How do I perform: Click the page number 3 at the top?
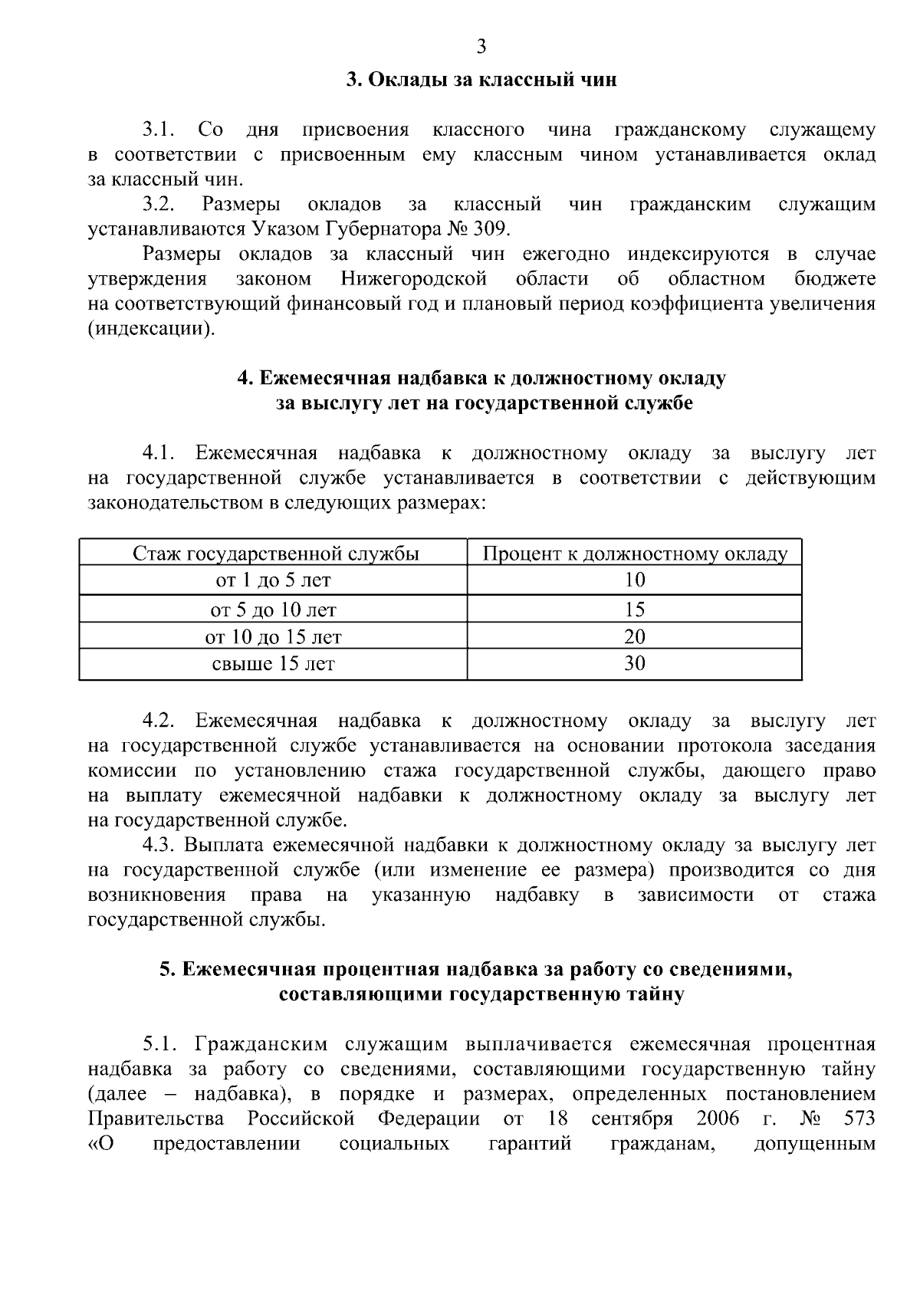click(481, 48)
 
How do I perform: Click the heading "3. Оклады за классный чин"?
click(481, 80)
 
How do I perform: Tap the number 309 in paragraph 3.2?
click(488, 229)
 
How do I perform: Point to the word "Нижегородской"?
click(414, 278)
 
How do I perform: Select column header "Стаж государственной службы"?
click(276, 554)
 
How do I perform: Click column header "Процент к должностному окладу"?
click(635, 554)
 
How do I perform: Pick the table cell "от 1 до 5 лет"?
click(274, 580)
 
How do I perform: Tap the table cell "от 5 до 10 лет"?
click(274, 609)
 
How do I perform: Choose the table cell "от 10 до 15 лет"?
click(274, 637)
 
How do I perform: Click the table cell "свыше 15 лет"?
click(274, 664)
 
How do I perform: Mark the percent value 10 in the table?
click(635, 580)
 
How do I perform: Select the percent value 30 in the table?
click(635, 664)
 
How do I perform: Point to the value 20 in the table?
click(635, 637)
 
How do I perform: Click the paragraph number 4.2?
click(159, 721)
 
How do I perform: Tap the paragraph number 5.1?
click(159, 1044)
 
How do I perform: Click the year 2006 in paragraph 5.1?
click(718, 1119)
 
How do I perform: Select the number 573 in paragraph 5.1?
click(859, 1119)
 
